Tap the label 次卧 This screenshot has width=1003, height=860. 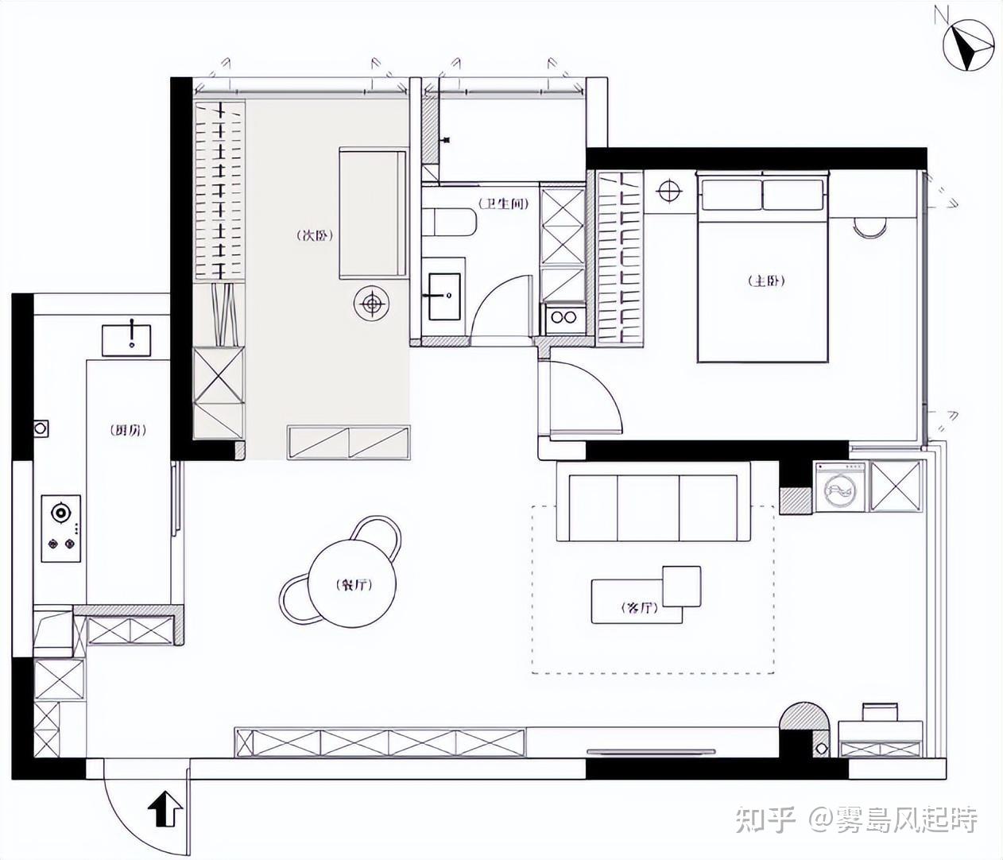(316, 236)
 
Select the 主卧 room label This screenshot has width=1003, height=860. (767, 281)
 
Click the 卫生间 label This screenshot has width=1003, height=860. (503, 203)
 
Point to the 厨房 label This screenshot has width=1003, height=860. (128, 430)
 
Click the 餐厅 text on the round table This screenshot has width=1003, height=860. (354, 585)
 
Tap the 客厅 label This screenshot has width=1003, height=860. (639, 607)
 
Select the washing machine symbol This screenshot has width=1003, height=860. (840, 486)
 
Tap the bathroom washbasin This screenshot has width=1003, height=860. (444, 296)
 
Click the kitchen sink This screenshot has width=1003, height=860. (126, 341)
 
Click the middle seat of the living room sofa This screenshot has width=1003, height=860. (649, 508)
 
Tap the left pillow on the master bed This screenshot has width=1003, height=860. (732, 195)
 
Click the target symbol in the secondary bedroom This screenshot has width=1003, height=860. (372, 304)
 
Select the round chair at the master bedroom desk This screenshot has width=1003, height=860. (870, 227)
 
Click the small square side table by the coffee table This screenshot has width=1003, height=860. (682, 587)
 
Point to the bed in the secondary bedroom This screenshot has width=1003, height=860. (373, 214)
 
